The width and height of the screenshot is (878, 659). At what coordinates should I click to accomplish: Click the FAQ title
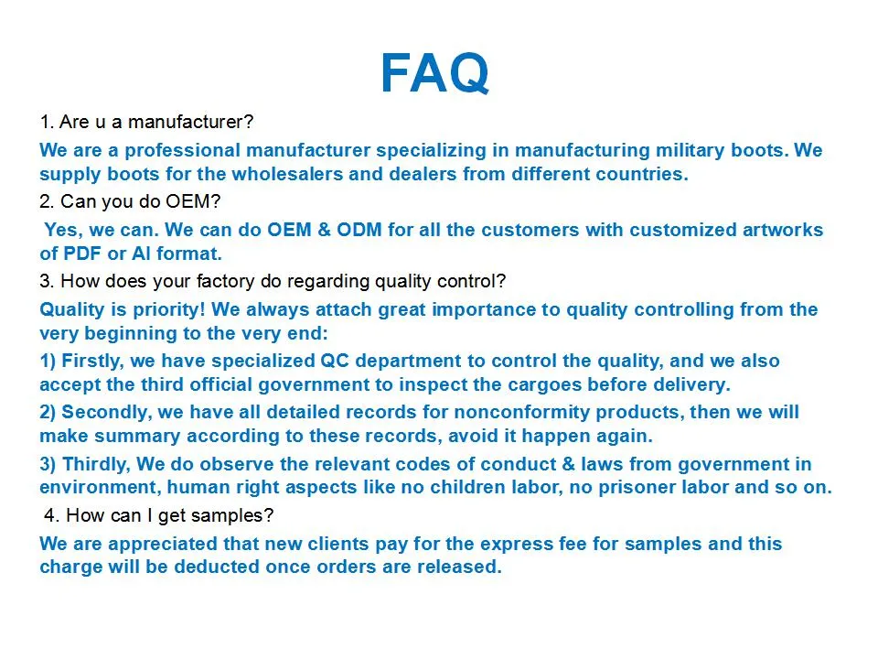435,73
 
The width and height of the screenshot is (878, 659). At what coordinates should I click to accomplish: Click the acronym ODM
359,230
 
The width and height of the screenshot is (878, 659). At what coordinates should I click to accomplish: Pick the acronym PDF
82,254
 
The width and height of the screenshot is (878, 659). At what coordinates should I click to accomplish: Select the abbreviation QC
335,361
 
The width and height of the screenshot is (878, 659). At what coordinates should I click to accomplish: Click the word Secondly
106,413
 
